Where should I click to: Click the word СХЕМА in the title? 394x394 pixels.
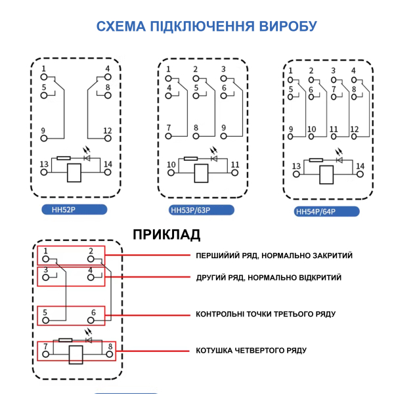121,27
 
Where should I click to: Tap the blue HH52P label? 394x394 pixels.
63,209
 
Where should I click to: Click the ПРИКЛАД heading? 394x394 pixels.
167,234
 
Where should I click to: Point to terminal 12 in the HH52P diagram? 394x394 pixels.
107,138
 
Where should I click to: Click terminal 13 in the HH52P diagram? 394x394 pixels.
44,171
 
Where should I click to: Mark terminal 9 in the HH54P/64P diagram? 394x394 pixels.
291,137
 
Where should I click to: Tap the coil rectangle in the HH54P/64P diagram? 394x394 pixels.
326,176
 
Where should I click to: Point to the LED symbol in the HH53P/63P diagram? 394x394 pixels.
213,158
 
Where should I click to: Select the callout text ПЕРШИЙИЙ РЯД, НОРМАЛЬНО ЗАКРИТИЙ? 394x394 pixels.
274,255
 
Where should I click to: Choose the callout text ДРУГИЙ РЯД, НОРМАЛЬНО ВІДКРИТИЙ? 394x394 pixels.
269,278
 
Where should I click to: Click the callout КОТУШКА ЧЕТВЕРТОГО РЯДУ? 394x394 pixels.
251,351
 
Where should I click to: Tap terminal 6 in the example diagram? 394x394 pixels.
94,321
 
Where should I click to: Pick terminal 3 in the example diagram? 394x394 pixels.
46,278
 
